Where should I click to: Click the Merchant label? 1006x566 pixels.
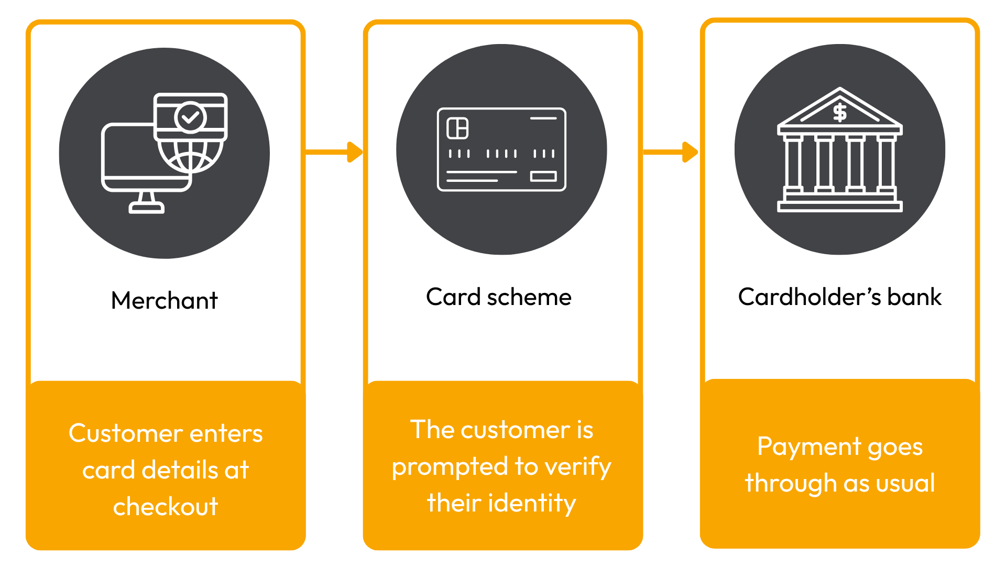(x=164, y=300)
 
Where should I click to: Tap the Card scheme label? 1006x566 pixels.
(x=498, y=297)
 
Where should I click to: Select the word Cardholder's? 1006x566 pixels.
(x=810, y=297)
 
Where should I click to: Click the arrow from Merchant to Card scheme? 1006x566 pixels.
(x=334, y=152)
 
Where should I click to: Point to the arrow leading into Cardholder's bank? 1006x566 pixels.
(x=671, y=152)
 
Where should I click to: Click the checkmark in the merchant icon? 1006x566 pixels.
(x=191, y=117)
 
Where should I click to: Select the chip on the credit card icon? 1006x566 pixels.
(x=457, y=128)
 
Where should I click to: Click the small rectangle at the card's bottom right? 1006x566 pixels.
(x=543, y=176)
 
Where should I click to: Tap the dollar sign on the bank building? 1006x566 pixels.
(x=840, y=113)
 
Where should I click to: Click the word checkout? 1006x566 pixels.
(x=166, y=507)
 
